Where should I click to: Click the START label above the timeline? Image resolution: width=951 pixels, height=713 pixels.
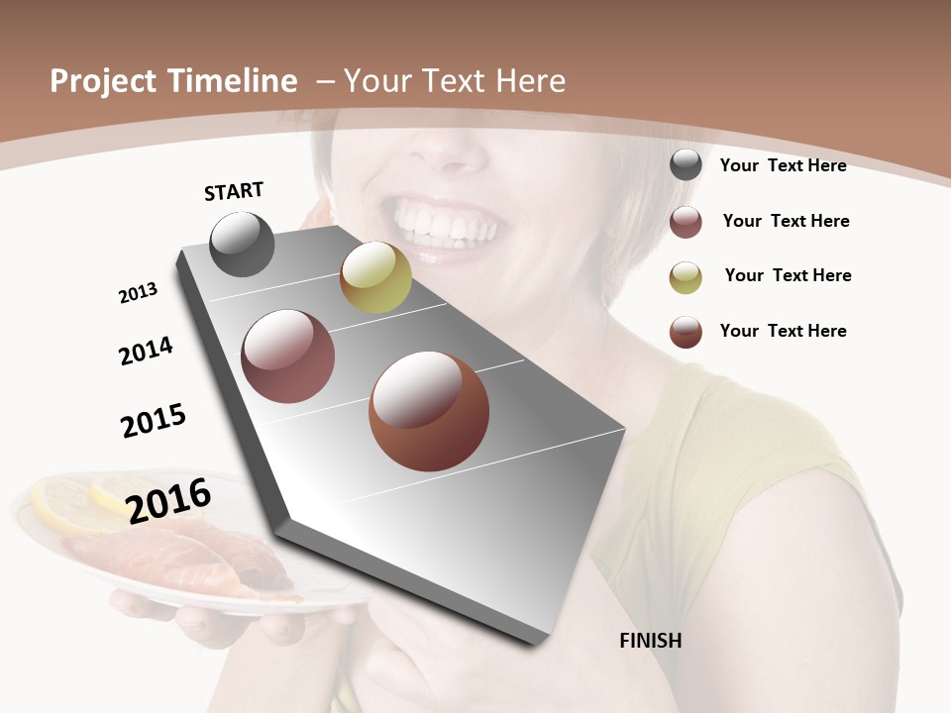pyautogui.click(x=234, y=191)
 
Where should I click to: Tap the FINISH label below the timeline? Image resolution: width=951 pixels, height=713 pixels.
pyautogui.click(x=650, y=641)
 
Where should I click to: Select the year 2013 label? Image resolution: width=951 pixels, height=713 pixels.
pyautogui.click(x=138, y=293)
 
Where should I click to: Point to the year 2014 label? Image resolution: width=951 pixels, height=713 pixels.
pyautogui.click(x=146, y=351)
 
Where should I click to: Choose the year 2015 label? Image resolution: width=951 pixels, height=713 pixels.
pyautogui.click(x=154, y=421)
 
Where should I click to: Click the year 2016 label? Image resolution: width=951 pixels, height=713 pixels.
pyautogui.click(x=168, y=500)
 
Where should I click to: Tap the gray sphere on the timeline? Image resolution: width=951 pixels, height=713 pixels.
pyautogui.click(x=242, y=244)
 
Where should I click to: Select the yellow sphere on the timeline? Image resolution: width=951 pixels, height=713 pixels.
pyautogui.click(x=375, y=277)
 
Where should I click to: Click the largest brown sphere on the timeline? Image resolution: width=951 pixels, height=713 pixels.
pyautogui.click(x=429, y=411)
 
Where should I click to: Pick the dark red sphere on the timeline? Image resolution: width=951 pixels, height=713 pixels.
pyautogui.click(x=288, y=356)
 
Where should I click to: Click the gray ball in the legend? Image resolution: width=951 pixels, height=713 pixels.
pyautogui.click(x=686, y=165)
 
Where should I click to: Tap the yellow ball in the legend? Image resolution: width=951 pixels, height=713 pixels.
pyautogui.click(x=686, y=276)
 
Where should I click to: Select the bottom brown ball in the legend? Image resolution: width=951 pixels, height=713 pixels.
pyautogui.click(x=686, y=331)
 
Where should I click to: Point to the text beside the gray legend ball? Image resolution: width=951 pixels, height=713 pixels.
pyautogui.click(x=783, y=165)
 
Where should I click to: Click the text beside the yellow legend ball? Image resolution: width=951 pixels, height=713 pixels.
pyautogui.click(x=788, y=275)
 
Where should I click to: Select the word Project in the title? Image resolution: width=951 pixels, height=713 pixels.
pyautogui.click(x=103, y=81)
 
